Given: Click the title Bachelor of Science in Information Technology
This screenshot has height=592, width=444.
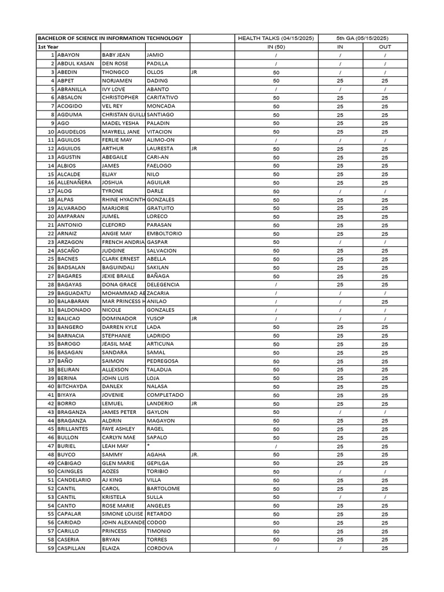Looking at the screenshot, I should [110, 38].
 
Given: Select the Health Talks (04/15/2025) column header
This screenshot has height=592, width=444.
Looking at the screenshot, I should [276, 38].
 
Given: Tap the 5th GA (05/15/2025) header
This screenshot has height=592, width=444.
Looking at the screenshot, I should [362, 38].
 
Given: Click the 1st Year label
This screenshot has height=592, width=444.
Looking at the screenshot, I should [48, 47].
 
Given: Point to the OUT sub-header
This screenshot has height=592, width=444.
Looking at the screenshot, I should [384, 47].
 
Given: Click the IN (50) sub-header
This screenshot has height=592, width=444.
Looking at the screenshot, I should [276, 47].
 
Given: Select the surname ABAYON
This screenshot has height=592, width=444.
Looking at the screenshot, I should [68, 55].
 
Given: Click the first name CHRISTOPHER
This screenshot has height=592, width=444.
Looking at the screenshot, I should [120, 98].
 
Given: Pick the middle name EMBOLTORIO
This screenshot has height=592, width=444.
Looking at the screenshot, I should [164, 234].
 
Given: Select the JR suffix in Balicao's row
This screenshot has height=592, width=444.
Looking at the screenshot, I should [194, 319].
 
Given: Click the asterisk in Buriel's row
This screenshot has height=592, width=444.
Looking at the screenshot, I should [149, 446].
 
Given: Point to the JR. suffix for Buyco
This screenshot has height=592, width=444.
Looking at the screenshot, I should [195, 455].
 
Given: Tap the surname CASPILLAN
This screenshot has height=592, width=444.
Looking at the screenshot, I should [71, 548].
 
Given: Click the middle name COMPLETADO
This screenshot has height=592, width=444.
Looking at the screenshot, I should [165, 395].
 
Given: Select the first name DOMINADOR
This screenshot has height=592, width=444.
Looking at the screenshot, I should [119, 319].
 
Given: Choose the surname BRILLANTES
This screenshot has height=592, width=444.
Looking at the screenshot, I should [72, 429].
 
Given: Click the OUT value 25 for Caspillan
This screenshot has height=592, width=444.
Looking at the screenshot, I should [384, 548].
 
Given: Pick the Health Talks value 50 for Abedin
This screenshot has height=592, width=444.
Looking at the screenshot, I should [276, 72].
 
